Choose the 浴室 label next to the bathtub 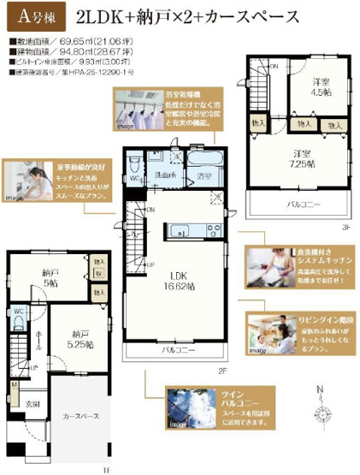(203, 175)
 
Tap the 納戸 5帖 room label (52, 278)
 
